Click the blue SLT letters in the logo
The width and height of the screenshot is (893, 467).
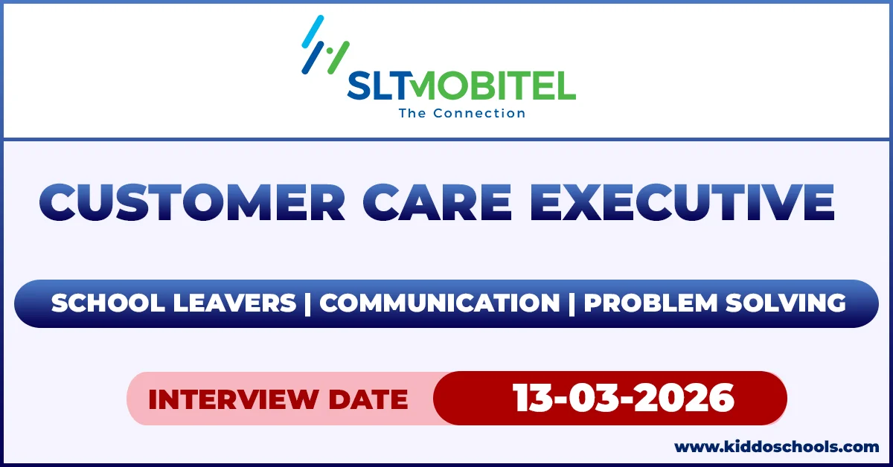tap(380, 87)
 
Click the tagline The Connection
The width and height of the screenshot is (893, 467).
tap(461, 114)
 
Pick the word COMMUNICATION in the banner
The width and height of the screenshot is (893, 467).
tap(439, 303)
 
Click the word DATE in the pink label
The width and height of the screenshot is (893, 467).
tap(369, 399)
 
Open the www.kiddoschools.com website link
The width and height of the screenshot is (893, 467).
tap(776, 448)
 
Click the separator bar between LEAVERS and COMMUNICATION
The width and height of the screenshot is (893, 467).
tap(307, 303)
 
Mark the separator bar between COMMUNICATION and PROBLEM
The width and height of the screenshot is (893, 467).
tap(572, 303)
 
